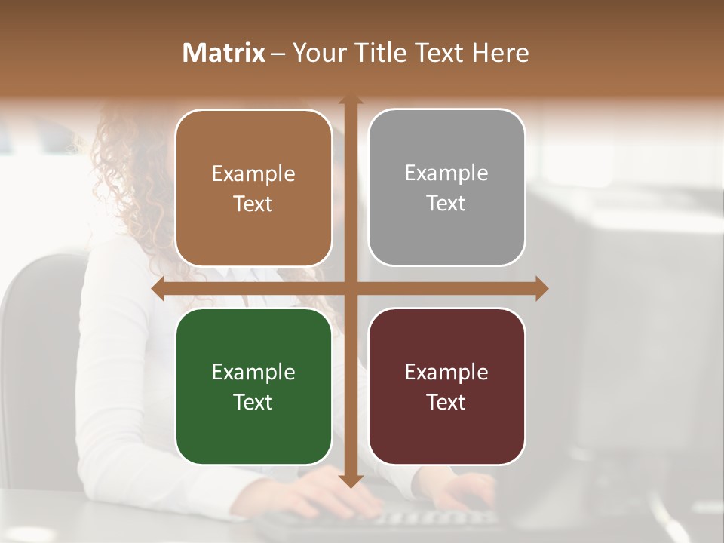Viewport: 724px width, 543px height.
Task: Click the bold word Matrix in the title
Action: pyautogui.click(x=224, y=53)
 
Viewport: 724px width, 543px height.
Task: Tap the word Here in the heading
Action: pyautogui.click(x=500, y=53)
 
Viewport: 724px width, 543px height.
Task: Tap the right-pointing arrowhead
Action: pyautogui.click(x=541, y=289)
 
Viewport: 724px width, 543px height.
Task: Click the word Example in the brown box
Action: pyautogui.click(x=253, y=174)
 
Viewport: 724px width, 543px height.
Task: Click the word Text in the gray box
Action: pyautogui.click(x=446, y=204)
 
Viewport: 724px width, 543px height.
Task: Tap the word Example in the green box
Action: pyautogui.click(x=253, y=372)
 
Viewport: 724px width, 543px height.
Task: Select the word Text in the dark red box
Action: pyautogui.click(x=446, y=402)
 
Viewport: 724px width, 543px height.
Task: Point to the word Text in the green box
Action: pyautogui.click(x=253, y=402)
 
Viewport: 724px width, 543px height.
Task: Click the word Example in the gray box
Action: pyautogui.click(x=446, y=173)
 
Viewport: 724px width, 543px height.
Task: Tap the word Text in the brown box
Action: pyautogui.click(x=253, y=204)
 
